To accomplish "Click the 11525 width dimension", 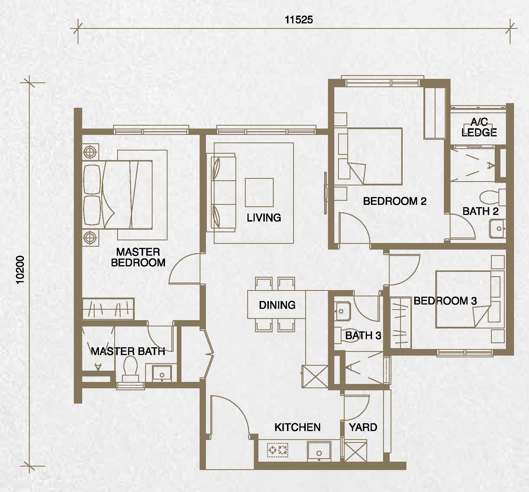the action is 299,20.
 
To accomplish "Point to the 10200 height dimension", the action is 20,270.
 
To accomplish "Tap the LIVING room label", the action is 264,218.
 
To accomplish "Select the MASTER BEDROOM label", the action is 138,257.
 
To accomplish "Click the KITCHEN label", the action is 297,427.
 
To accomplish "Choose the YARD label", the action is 363,427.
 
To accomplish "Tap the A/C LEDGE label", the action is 479,127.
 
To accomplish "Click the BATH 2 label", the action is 481,211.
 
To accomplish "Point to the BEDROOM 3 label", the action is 445,301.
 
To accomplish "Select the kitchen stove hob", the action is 278,450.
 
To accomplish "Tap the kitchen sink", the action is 319,451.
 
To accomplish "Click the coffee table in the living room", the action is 259,192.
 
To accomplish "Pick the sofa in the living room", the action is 224,192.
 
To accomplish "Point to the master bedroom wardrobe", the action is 108,309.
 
